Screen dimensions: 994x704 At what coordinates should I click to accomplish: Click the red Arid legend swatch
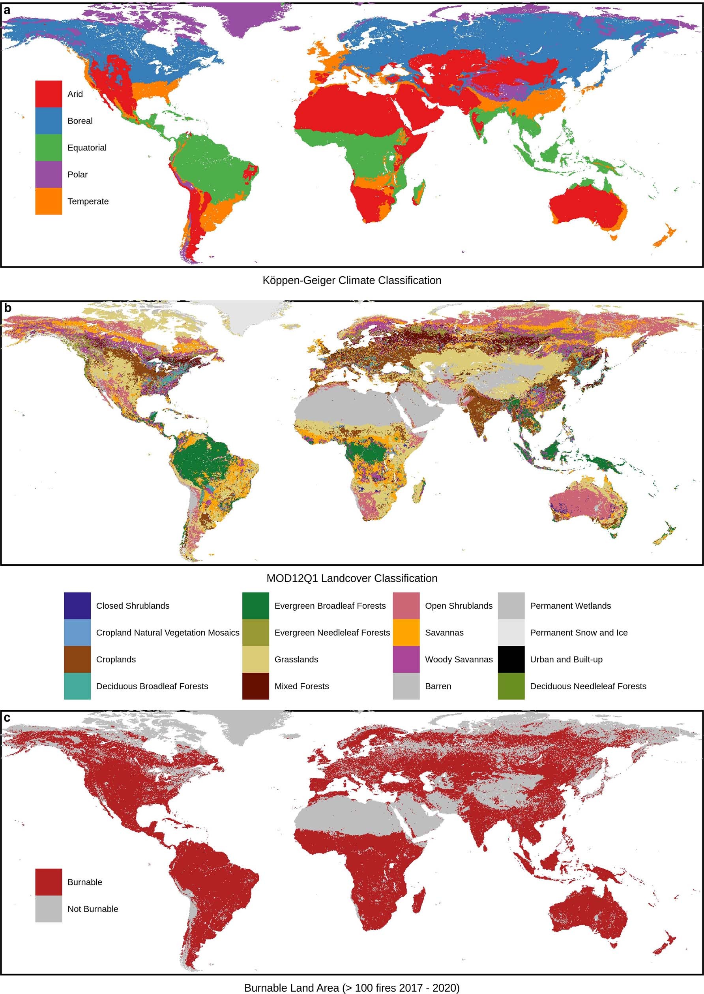[49, 94]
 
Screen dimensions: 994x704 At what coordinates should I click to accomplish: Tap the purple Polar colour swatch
[49, 174]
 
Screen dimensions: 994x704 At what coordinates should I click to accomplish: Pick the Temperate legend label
[88, 201]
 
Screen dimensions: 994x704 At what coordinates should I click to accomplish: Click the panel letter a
[7, 10]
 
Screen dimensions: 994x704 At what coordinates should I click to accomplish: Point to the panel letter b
[7, 308]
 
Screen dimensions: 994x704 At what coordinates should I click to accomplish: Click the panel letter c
[7, 718]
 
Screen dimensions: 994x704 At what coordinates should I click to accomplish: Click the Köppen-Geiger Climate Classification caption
[352, 280]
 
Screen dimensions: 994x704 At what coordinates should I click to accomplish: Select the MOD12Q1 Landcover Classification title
[352, 578]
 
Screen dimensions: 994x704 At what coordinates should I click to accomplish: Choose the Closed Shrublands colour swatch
[77, 606]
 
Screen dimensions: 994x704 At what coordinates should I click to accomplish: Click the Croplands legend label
[116, 659]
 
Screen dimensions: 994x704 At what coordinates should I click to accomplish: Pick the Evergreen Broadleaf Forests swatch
[255, 606]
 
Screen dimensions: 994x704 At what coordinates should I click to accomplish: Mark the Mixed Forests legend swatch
[255, 686]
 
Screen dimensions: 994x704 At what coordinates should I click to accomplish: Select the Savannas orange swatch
[406, 632]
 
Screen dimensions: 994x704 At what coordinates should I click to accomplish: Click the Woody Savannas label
[459, 659]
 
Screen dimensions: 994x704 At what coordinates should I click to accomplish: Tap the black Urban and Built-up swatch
[511, 659]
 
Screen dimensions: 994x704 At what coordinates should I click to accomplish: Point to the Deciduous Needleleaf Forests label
[588, 686]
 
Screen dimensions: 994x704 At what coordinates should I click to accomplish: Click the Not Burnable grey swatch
[49, 909]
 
